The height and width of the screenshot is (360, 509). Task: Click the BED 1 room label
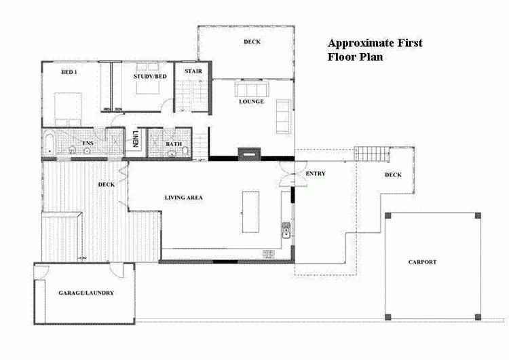tap(68, 73)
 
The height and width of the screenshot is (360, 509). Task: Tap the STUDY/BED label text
tap(149, 77)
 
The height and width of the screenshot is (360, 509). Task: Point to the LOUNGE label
tap(251, 102)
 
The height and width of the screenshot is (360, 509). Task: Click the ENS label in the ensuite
tap(88, 143)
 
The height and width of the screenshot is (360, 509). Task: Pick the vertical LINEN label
tap(136, 140)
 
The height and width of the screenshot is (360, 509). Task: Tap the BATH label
tap(173, 143)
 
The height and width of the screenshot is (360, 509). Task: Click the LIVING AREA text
tap(184, 198)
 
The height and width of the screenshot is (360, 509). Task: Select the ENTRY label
tap(316, 174)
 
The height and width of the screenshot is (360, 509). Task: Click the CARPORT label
tap(422, 262)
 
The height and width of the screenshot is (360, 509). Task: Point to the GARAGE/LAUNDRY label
tap(81, 293)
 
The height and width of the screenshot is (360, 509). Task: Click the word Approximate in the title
tap(359, 43)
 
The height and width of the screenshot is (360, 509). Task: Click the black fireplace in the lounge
tap(248, 154)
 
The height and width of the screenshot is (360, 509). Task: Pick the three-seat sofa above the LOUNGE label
tap(251, 90)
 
